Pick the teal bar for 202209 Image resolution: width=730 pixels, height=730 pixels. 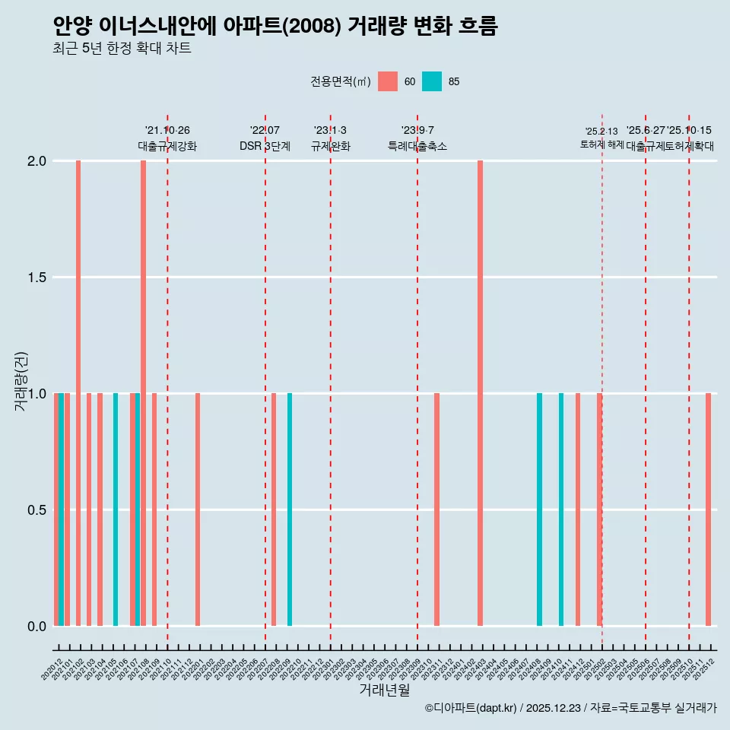pyautogui.click(x=290, y=509)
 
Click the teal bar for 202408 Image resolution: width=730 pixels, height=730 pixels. pyautogui.click(x=539, y=509)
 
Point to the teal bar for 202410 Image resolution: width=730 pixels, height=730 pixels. pyautogui.click(x=561, y=509)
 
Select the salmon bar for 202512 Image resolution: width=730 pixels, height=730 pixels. pyautogui.click(x=708, y=509)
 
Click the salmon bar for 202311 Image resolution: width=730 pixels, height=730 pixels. pyautogui.click(x=436, y=509)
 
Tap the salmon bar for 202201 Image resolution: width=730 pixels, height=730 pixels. pyautogui.click(x=198, y=509)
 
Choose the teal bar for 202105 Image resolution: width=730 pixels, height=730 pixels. pyautogui.click(x=116, y=509)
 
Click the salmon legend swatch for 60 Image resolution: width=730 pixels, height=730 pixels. pyautogui.click(x=388, y=81)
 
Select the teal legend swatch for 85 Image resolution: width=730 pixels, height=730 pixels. pyautogui.click(x=432, y=81)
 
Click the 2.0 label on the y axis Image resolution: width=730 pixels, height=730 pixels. pyautogui.click(x=36, y=161)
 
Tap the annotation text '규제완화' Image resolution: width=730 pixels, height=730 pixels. pyautogui.click(x=331, y=146)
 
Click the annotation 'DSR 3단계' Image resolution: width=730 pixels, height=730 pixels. pyautogui.click(x=265, y=146)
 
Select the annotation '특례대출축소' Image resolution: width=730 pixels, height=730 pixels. pyautogui.click(x=417, y=146)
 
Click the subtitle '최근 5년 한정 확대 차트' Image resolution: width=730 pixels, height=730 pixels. pyautogui.click(x=122, y=49)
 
